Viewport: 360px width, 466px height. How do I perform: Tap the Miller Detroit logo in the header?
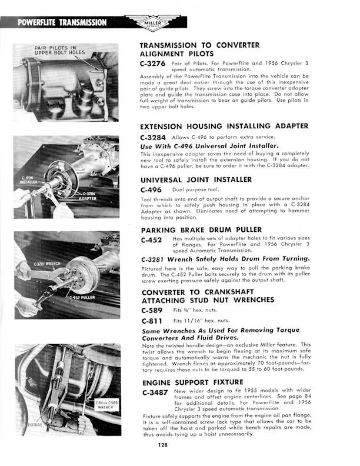153,22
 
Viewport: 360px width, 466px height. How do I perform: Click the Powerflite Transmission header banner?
62,23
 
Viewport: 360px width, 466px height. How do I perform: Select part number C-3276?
152,62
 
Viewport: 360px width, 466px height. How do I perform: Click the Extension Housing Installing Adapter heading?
224,127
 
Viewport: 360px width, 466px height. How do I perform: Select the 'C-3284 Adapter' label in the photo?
89,195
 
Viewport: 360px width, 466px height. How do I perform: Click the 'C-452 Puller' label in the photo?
82,297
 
